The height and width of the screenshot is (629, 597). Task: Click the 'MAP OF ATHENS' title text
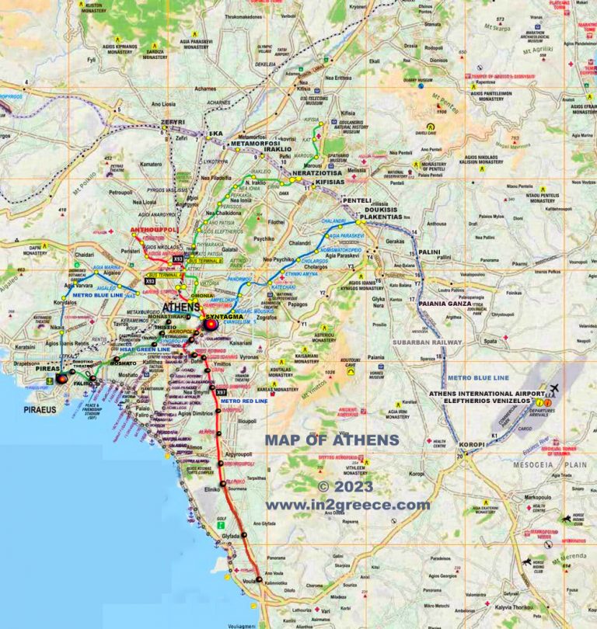coord(331,440)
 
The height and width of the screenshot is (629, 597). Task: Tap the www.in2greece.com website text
coord(347,505)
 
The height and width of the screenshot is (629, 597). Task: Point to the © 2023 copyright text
coord(345,488)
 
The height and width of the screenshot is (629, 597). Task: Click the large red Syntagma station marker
coord(210,326)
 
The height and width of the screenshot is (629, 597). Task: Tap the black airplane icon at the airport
coord(553,388)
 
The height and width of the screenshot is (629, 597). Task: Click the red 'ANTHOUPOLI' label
coord(155,231)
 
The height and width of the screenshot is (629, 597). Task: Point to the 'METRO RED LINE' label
coord(243,401)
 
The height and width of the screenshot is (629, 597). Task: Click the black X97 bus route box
coord(222,391)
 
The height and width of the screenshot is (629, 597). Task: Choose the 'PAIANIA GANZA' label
coord(445,304)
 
